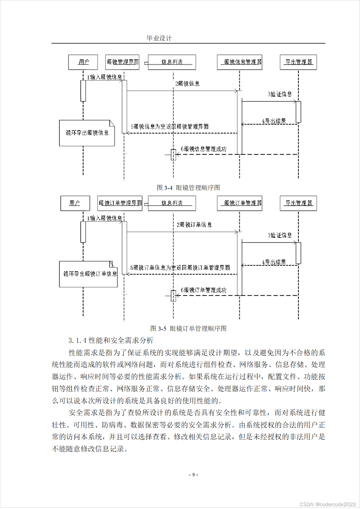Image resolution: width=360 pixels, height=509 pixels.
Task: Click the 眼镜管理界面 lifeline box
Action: click(x=122, y=62)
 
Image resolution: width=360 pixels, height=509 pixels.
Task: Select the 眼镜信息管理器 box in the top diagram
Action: click(x=240, y=62)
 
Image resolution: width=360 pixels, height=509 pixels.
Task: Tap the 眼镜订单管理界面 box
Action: click(x=120, y=203)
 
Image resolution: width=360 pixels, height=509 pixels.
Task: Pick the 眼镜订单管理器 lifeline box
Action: click(x=240, y=203)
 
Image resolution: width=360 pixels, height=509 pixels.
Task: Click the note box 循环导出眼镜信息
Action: click(x=87, y=133)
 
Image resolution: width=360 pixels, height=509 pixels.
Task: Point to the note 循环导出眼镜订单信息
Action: click(x=88, y=274)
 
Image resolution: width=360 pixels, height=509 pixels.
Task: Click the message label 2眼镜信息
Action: click(x=187, y=84)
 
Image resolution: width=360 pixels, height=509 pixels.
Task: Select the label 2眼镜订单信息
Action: click(x=194, y=225)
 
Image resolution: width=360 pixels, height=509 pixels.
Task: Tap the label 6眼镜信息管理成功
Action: click(x=203, y=149)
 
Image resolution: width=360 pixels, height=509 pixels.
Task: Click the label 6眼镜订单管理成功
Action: click(x=203, y=290)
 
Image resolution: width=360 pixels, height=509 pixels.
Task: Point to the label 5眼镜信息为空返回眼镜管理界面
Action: click(x=170, y=127)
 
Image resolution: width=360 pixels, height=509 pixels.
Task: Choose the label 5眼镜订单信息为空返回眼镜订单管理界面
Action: click(x=180, y=268)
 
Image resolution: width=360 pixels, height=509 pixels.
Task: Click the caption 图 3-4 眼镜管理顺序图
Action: click(x=188, y=188)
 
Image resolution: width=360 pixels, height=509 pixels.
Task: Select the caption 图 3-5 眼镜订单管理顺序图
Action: click(x=188, y=329)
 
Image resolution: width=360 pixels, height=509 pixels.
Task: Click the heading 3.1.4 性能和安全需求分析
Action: click(x=111, y=341)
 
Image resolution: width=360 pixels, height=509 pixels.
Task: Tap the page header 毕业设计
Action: click(x=159, y=39)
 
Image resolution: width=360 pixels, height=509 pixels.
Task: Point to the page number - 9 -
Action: click(x=193, y=475)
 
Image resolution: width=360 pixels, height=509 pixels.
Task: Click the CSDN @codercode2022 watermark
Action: click(x=328, y=505)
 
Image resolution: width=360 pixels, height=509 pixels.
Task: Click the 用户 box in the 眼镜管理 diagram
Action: click(x=83, y=62)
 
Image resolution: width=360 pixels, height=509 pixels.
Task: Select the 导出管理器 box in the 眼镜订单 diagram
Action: click(x=298, y=203)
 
